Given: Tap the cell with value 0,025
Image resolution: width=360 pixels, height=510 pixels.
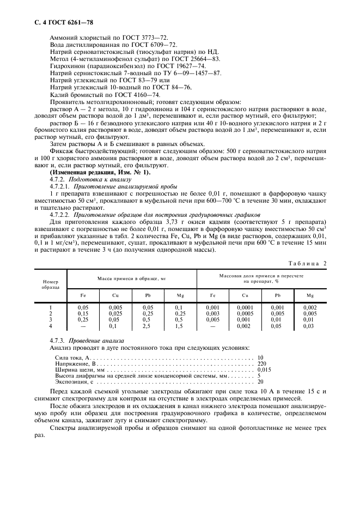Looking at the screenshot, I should pyautogui.click(x=115, y=314).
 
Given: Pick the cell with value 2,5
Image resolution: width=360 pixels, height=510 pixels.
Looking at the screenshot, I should pyautogui.click(x=147, y=326).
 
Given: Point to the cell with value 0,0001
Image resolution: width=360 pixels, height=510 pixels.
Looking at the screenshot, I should pyautogui.click(x=245, y=308).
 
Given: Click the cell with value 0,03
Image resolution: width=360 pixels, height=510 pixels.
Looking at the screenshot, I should pyautogui.click(x=309, y=326).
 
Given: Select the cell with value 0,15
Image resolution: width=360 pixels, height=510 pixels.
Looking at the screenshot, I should pyautogui.click(x=83, y=314).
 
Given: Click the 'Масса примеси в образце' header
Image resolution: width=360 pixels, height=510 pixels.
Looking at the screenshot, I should pyautogui.click(x=131, y=278).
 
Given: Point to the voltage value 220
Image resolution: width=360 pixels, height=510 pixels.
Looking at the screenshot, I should pyautogui.click(x=262, y=363).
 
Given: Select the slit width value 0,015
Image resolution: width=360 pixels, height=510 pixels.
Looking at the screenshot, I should pyautogui.click(x=264, y=369).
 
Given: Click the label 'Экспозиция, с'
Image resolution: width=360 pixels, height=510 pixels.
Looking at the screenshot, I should pyautogui.click(x=74, y=382).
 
